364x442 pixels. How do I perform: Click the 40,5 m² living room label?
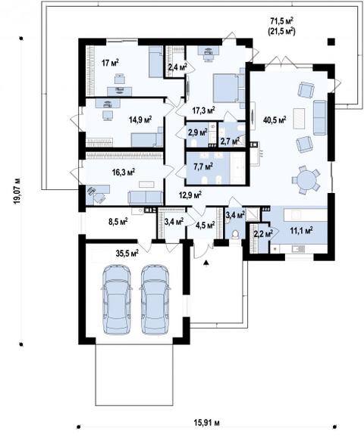275,120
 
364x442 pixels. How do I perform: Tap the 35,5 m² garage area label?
127,253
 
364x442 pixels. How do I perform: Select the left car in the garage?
117,299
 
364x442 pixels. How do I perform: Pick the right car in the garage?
155,299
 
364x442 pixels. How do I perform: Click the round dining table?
306,179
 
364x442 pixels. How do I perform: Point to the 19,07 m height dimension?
18,191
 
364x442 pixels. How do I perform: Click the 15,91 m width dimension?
207,423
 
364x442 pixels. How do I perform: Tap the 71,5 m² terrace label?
281,21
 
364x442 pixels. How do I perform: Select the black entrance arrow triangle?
207,263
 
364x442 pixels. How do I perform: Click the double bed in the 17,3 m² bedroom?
229,88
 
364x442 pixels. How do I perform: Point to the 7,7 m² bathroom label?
203,167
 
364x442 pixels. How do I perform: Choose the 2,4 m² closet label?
177,67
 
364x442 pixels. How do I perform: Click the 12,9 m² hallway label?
190,195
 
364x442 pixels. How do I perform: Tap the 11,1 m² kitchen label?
301,231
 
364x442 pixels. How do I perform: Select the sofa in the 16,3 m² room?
146,198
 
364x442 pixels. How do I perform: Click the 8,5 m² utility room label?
118,221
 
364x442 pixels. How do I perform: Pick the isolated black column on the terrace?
331,42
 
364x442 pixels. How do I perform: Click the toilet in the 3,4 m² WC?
235,235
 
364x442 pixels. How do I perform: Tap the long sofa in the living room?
320,117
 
